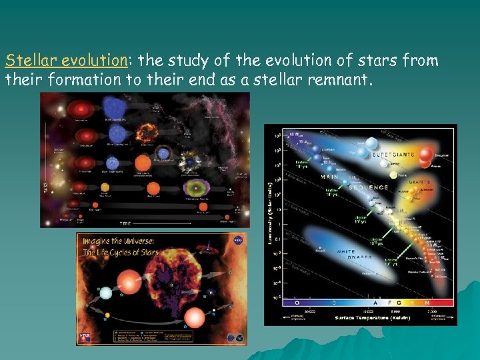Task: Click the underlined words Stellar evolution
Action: tap(65, 61)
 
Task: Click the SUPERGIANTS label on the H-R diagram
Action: tap(393, 154)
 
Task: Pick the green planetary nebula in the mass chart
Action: tap(193, 187)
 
